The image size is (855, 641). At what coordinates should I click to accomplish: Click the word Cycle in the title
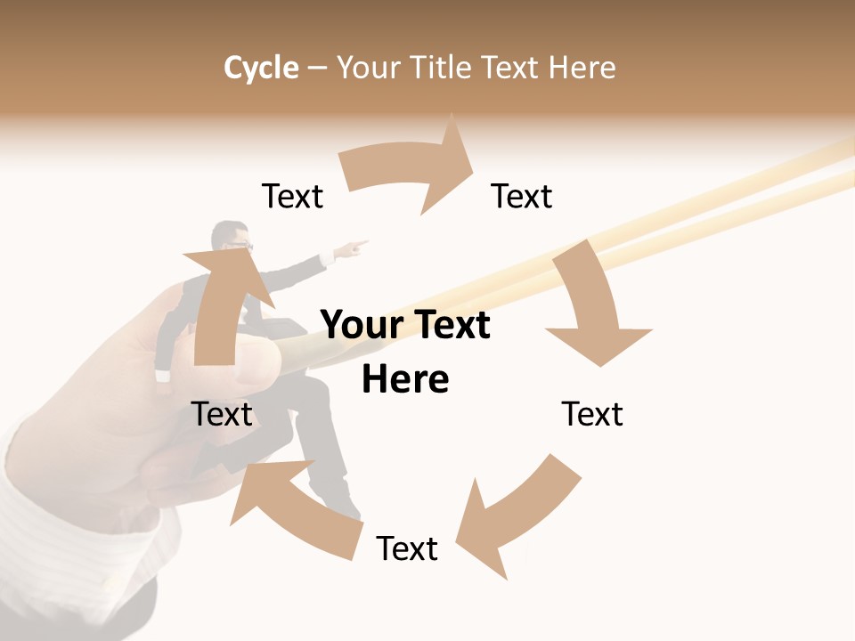point(261,68)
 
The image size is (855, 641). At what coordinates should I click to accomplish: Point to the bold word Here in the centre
point(405,379)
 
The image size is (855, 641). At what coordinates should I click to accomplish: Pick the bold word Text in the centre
point(450,326)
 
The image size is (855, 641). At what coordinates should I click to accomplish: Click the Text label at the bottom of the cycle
point(407,549)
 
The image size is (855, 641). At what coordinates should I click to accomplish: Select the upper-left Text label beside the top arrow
point(292,197)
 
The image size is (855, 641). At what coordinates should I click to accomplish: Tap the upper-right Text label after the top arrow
point(522,197)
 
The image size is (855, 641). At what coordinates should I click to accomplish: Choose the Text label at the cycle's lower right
point(592,415)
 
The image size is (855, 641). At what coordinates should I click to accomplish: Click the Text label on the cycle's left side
point(222,415)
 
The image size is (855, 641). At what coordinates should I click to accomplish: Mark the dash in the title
point(317,68)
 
